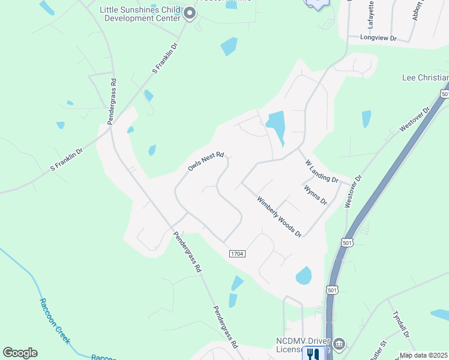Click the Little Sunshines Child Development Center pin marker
pos(190,13)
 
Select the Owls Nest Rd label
pos(205,161)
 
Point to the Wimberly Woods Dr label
pos(279,216)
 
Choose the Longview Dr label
pos(379,37)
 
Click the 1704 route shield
pos(237,254)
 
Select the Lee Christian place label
pos(425,78)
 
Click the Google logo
pos(20,353)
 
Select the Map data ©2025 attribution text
pos(423,355)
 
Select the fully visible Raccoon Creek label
pos(55,321)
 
